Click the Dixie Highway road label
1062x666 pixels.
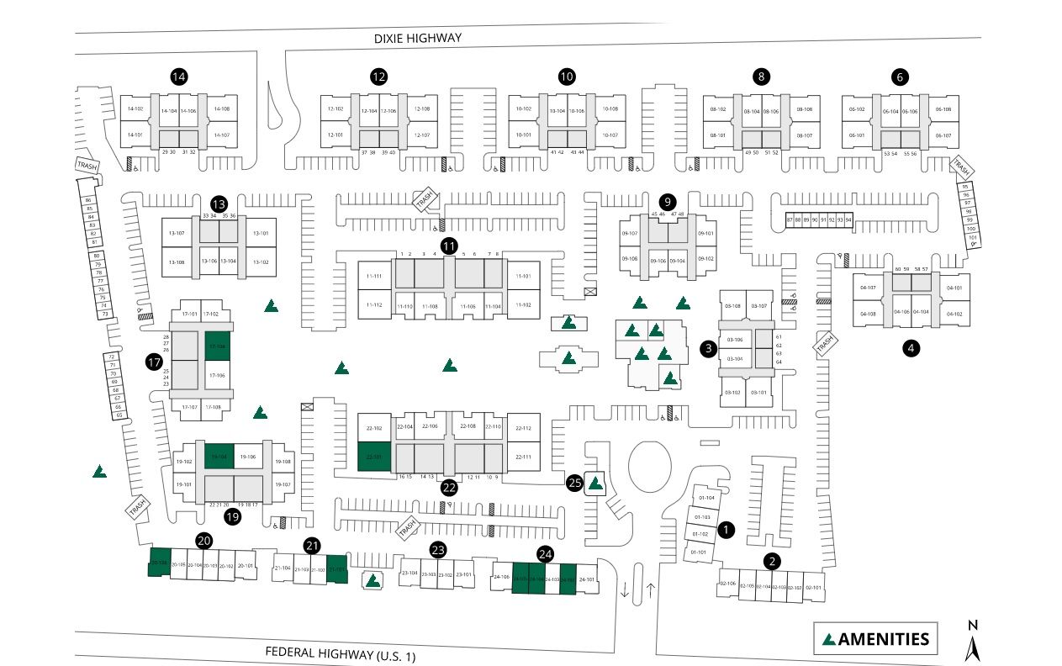pos(418,39)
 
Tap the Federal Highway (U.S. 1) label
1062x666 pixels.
pos(341,653)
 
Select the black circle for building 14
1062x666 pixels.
pos(178,77)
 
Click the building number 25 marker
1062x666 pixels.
pos(575,483)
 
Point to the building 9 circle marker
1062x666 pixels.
pos(668,202)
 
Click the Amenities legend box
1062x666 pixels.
pos(875,639)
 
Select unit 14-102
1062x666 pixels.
pos(135,109)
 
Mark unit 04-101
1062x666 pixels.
pos(954,288)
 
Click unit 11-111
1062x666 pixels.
pos(374,276)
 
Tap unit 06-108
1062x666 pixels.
pos(943,109)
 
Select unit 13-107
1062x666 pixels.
pos(177,233)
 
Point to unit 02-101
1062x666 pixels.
pos(814,586)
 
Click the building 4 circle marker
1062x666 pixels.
pos(910,346)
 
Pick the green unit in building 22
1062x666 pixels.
pos(373,458)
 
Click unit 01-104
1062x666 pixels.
pos(705,498)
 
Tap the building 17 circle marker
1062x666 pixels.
pos(153,362)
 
